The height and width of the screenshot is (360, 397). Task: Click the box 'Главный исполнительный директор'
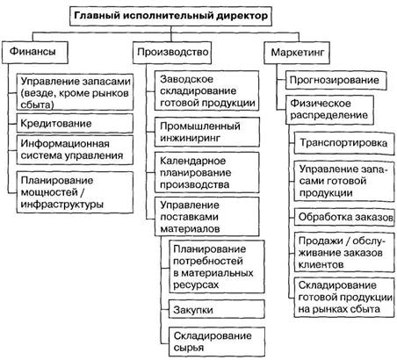point(170,16)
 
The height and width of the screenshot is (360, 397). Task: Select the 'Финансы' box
point(35,53)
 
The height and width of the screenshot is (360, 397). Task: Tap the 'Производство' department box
point(172,53)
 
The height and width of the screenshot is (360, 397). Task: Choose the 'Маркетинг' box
point(297,53)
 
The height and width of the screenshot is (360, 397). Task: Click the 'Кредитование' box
point(75,123)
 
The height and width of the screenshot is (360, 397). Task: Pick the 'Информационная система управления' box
point(75,149)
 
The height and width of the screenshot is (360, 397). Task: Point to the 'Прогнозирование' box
point(336,80)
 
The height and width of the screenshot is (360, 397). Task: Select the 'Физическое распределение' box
point(329,110)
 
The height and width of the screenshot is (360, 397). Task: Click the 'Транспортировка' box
point(344,143)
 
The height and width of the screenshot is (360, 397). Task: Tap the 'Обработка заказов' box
point(344,217)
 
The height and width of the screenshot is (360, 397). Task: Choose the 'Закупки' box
point(217,309)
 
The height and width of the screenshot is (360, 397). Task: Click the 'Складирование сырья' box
point(217,342)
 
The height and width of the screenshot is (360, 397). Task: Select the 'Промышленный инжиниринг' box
point(207,132)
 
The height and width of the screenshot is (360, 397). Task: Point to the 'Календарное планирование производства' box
point(207,172)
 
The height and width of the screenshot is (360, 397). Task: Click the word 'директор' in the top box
point(242,16)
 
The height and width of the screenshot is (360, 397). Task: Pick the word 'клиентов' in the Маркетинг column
point(321,264)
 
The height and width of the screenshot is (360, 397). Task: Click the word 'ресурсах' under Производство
point(196,284)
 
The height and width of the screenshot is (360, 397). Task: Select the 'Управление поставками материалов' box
point(207,217)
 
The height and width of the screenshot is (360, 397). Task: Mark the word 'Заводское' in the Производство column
point(186,79)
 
